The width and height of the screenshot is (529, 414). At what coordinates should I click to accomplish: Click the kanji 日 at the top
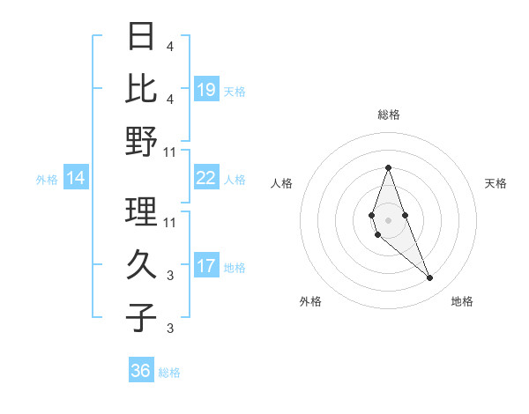(x=142, y=37)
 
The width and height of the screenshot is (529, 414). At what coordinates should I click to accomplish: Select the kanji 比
(x=142, y=88)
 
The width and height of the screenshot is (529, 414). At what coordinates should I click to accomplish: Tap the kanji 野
(x=142, y=142)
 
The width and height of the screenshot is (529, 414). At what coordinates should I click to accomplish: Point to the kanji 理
(x=142, y=211)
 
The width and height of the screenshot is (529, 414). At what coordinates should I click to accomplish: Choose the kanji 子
(x=142, y=318)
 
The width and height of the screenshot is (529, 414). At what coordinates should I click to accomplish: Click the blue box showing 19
(x=205, y=90)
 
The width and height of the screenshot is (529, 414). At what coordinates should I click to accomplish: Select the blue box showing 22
(x=205, y=178)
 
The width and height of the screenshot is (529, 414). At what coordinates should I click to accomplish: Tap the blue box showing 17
(x=205, y=266)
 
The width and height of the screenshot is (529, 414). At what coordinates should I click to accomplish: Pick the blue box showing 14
(x=76, y=179)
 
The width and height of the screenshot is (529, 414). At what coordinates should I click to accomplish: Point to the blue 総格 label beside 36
(x=169, y=373)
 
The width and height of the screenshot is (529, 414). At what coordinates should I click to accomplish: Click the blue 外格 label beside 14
(x=47, y=180)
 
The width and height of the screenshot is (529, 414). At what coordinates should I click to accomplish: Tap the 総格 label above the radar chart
(x=388, y=115)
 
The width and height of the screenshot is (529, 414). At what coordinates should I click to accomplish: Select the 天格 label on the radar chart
(x=495, y=183)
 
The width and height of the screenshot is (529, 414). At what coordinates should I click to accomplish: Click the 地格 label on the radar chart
(x=462, y=301)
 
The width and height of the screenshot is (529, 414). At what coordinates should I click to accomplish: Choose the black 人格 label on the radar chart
(x=282, y=183)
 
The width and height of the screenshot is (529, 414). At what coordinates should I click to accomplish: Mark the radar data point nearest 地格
(x=429, y=278)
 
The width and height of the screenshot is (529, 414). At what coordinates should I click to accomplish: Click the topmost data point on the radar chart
(x=388, y=168)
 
